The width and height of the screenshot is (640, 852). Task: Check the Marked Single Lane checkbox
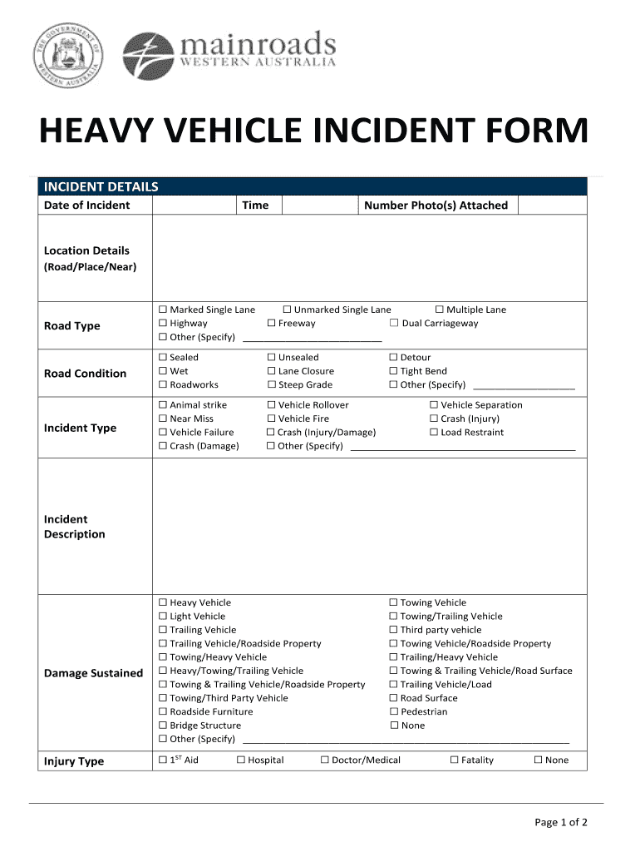(x=163, y=310)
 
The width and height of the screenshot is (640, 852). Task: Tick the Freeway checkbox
(x=271, y=324)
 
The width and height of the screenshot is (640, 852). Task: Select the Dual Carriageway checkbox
(x=394, y=324)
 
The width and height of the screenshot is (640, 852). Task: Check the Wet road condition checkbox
(x=163, y=371)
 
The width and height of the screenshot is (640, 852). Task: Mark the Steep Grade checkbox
(x=271, y=385)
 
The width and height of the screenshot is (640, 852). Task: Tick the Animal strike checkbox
(x=163, y=405)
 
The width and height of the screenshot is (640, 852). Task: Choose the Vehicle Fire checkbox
(x=271, y=419)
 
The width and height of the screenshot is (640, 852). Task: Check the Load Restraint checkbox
(x=434, y=433)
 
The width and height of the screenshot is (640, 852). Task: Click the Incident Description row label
(x=75, y=527)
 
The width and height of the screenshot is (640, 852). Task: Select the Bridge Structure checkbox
(x=163, y=726)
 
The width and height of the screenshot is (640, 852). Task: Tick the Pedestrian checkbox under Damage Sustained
(x=394, y=712)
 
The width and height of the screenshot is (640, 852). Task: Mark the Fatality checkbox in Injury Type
(x=455, y=760)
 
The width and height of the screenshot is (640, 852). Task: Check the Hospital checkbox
(x=241, y=760)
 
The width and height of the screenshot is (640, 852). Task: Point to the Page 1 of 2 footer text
(x=561, y=823)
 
